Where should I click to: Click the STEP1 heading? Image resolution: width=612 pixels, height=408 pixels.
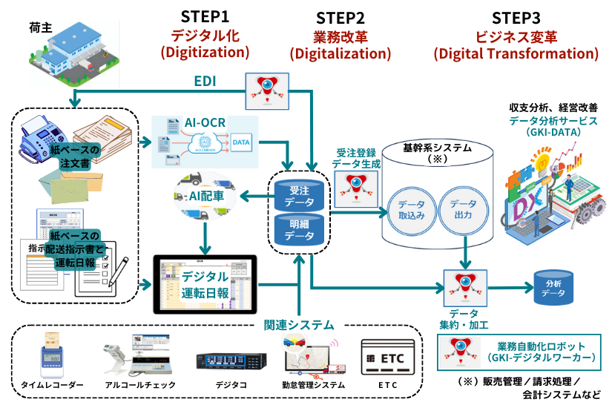point(205,16)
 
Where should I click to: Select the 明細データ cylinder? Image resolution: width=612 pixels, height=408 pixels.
point(299,230)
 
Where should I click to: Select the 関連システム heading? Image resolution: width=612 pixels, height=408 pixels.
point(299,325)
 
